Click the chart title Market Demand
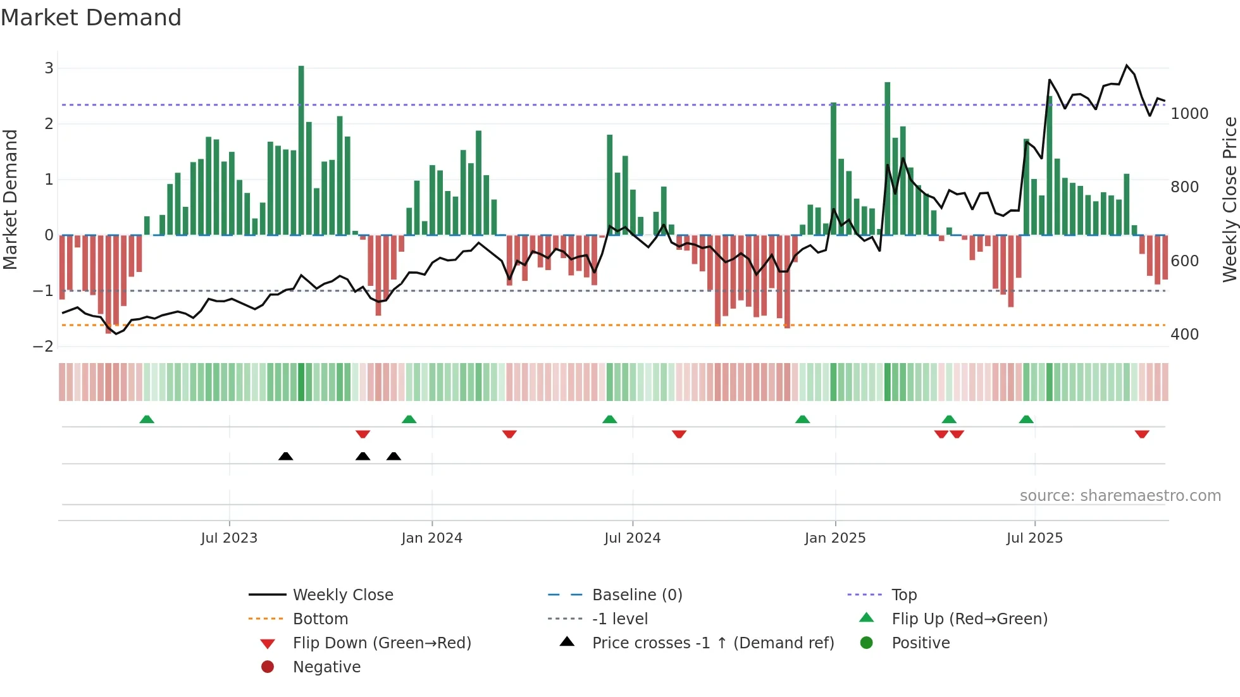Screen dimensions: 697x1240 91,18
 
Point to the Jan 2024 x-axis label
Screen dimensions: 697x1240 431,538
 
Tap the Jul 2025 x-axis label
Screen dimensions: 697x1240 1034,538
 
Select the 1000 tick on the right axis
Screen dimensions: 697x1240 1189,114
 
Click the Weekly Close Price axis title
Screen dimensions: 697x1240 1229,199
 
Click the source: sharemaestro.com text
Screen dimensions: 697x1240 1120,496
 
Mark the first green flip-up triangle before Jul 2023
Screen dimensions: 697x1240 147,419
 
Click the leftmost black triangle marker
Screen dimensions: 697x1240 286,456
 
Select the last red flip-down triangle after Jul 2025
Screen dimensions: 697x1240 1142,434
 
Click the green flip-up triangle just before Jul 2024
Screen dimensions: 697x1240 610,419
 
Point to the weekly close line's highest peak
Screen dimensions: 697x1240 1127,66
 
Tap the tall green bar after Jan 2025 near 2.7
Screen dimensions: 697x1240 888,158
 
